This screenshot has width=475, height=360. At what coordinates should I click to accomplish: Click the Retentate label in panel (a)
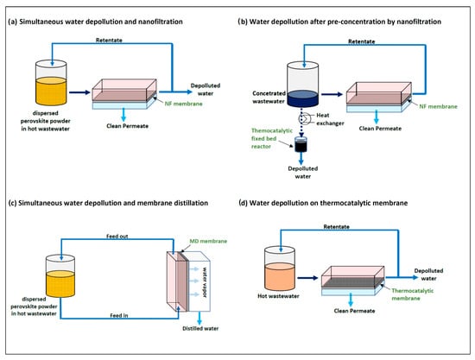pyautogui.click(x=109, y=41)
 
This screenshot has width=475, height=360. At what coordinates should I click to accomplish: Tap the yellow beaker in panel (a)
pyautogui.click(x=51, y=83)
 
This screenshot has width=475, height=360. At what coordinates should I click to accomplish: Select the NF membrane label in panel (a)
pyautogui.click(x=184, y=104)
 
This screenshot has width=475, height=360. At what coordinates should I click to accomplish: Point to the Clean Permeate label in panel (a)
pyautogui.click(x=127, y=126)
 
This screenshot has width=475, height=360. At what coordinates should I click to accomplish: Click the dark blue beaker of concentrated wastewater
pyautogui.click(x=302, y=84)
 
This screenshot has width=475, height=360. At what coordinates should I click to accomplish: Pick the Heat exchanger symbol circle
pyautogui.click(x=304, y=118)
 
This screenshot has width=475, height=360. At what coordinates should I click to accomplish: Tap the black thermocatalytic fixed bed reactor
pyautogui.click(x=301, y=144)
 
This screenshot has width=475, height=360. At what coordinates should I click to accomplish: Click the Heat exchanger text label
pyautogui.click(x=330, y=119)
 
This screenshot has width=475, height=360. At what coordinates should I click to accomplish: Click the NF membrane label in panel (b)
pyautogui.click(x=438, y=106)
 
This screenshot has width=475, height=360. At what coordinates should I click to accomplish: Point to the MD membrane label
pyautogui.click(x=208, y=242)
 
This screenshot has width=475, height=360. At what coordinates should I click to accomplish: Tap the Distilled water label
pyautogui.click(x=200, y=329)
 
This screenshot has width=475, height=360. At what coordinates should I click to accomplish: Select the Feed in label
pyautogui.click(x=119, y=315)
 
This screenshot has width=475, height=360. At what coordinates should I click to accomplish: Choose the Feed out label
pyautogui.click(x=117, y=237)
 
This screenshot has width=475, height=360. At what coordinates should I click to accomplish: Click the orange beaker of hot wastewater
pyautogui.click(x=280, y=268)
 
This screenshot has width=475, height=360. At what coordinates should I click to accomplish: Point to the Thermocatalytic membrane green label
pyautogui.click(x=412, y=294)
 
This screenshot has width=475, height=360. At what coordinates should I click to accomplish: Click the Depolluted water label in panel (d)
pyautogui.click(x=428, y=275)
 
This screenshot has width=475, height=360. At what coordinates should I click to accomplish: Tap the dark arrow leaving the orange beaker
pyautogui.click(x=307, y=278)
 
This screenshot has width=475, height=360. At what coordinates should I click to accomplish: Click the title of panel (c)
pyautogui.click(x=108, y=203)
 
